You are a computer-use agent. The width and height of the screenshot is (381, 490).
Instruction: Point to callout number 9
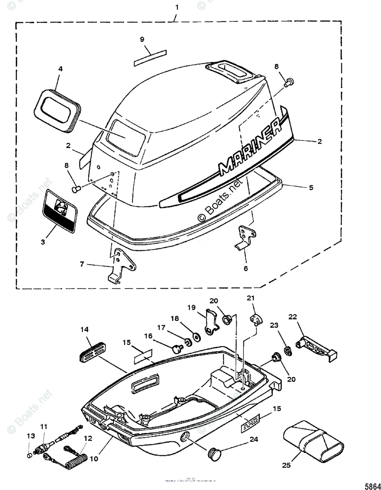point(142,39)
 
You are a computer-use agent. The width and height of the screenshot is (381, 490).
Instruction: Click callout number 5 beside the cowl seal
point(311,187)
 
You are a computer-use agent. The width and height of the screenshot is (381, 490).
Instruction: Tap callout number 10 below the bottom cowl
point(95,459)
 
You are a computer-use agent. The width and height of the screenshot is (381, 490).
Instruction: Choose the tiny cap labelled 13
point(29,454)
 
